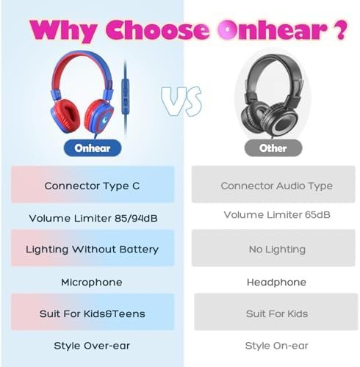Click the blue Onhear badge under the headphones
tap(93, 148)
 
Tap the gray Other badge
tap(273, 148)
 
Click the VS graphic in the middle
tap(181, 101)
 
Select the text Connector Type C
tap(92, 186)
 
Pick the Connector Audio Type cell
tap(273, 184)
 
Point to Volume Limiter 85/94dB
tap(93, 218)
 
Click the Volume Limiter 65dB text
tap(277, 215)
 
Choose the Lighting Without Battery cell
tap(93, 248)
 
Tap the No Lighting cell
tap(273, 247)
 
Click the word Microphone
tap(92, 283)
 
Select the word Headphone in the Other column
tap(276, 283)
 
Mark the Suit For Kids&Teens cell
tap(93, 312)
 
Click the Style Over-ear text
tap(92, 346)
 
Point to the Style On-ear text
tap(277, 346)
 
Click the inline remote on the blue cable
tap(126, 96)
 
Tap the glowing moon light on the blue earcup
tap(104, 120)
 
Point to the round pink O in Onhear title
tap(228, 29)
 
